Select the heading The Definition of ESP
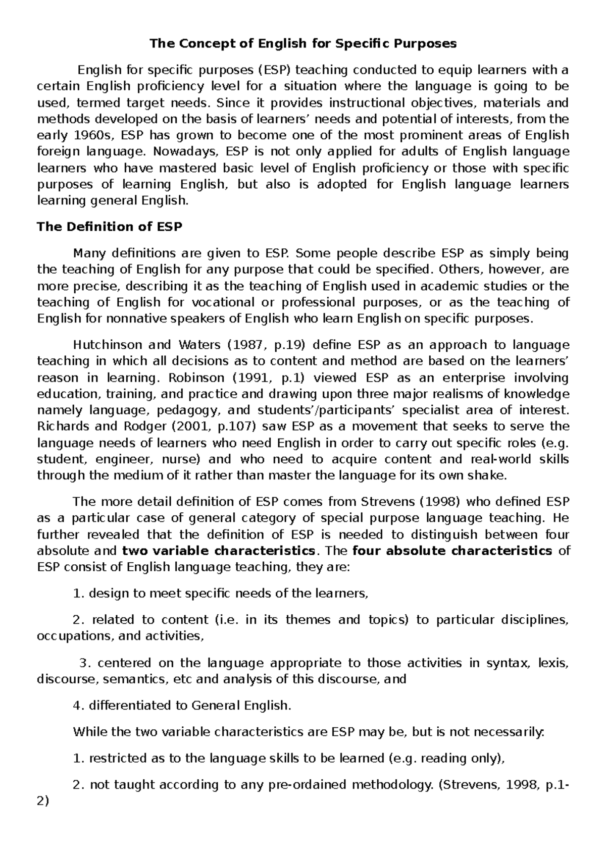point(110,227)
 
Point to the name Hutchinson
point(106,345)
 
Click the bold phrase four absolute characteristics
point(452,551)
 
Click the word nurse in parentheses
point(185,459)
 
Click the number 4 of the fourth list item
point(76,706)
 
